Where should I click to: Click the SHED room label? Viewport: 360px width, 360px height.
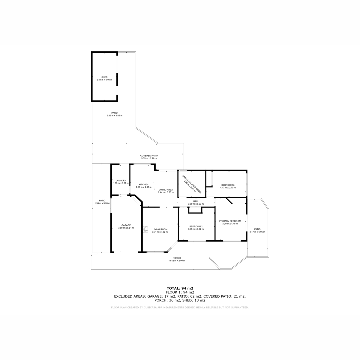(x=104, y=77)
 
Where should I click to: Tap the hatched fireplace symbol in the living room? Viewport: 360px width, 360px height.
(x=145, y=229)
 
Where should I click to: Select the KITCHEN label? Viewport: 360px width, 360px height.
(x=143, y=184)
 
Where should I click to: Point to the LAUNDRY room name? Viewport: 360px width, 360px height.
(x=121, y=181)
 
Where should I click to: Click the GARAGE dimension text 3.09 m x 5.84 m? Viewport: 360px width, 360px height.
(x=126, y=228)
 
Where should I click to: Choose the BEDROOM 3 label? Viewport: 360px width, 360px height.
(x=228, y=185)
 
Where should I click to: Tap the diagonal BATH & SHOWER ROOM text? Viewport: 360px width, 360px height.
(x=192, y=184)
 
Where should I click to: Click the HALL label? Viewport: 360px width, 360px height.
(x=196, y=201)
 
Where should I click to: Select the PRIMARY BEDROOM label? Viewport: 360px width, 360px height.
(x=230, y=221)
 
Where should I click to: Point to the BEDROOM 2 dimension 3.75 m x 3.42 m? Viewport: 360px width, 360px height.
(x=196, y=229)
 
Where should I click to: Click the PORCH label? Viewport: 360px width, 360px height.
(x=177, y=258)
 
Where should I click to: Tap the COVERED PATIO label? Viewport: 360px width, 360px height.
(x=149, y=156)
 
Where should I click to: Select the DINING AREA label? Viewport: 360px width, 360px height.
(x=166, y=190)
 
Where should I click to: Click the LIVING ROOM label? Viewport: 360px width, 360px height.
(x=160, y=229)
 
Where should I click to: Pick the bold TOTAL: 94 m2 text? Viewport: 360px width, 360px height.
(x=180, y=288)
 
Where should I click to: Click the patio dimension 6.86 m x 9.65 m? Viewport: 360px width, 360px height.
(x=115, y=115)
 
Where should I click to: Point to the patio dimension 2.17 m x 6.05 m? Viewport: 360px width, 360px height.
(x=257, y=232)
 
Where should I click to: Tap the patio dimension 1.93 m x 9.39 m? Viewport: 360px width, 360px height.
(x=102, y=203)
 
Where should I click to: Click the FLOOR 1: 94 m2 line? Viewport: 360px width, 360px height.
(x=180, y=292)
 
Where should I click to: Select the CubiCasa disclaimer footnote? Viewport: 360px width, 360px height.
(x=180, y=307)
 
